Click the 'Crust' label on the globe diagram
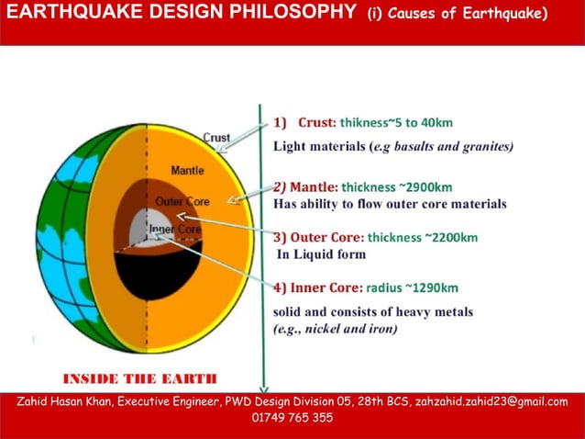tap(216, 138)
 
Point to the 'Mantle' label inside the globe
tap(187, 171)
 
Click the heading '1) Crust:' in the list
tap(304, 122)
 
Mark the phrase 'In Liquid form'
tap(321, 254)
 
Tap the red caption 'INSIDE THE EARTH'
tap(138, 378)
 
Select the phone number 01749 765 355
tap(292, 418)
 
